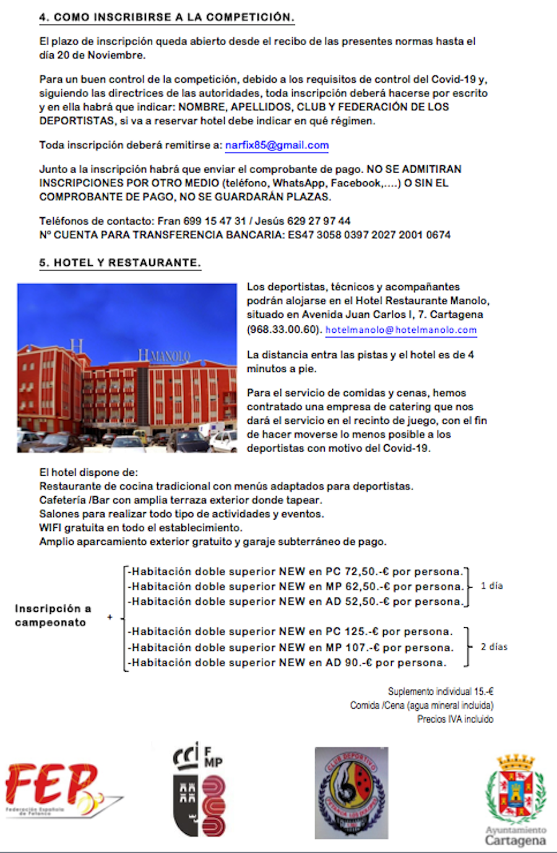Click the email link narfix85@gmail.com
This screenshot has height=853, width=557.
[x=277, y=145]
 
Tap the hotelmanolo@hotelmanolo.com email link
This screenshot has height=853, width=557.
[x=401, y=330]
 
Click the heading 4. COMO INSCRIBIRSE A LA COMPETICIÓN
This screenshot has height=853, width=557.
[x=166, y=17]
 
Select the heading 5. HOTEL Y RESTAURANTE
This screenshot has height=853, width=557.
[x=120, y=263]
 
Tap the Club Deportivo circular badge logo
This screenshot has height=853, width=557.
[x=352, y=792]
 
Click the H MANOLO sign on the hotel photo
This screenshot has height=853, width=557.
[x=164, y=356]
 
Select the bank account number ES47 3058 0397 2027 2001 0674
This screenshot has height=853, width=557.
[x=369, y=235]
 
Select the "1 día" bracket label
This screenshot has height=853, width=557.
[x=492, y=586]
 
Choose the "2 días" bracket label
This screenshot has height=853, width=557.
[x=494, y=647]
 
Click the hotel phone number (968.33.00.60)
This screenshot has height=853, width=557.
[x=283, y=329]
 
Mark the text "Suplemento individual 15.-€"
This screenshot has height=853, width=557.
[x=441, y=692]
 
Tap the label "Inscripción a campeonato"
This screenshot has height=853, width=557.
[x=52, y=615]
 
